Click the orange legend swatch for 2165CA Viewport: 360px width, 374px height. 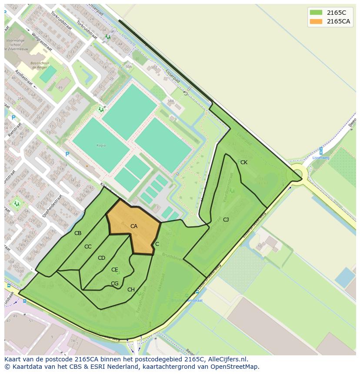click(x=316, y=21)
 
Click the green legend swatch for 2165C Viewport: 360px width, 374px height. click(x=316, y=13)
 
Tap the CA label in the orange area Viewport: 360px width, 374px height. click(x=134, y=226)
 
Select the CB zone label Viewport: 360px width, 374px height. click(x=78, y=233)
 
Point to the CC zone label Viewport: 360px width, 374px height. click(x=88, y=247)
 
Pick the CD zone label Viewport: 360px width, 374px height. click(x=101, y=258)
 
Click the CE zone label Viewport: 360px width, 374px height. click(x=114, y=270)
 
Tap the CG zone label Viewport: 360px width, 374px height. click(x=114, y=284)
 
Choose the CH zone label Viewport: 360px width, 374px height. click(x=131, y=290)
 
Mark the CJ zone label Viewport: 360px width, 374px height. click(x=226, y=220)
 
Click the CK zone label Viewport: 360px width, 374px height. click(x=244, y=162)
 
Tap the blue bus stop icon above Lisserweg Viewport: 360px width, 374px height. click(x=321, y=150)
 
